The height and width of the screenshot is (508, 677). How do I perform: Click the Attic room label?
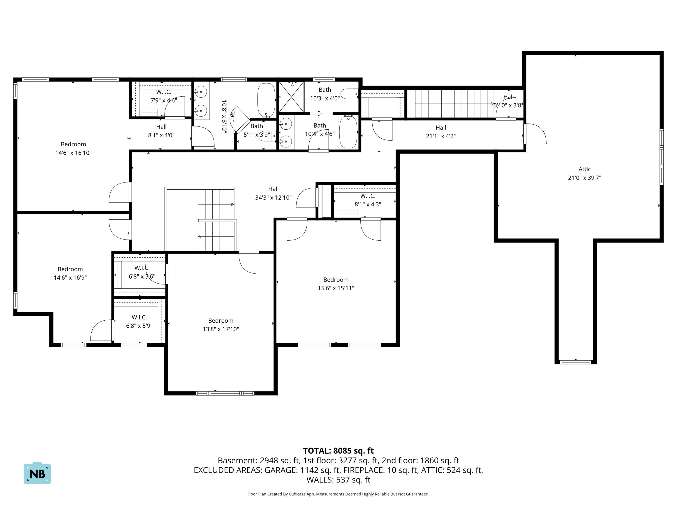pos(584,169)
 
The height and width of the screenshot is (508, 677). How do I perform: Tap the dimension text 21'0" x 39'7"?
pos(584,178)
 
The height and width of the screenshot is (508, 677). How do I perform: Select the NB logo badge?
pos(37,473)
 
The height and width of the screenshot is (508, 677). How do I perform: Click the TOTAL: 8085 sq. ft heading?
pos(338,451)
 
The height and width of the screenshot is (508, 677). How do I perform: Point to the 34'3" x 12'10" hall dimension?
pos(273,198)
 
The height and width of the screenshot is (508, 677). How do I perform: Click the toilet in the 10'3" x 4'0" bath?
pos(350,94)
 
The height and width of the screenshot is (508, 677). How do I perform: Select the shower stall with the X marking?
pos(292,97)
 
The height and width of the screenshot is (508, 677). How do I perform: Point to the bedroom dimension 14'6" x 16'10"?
pos(73,153)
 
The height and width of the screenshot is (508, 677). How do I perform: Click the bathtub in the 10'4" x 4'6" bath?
pos(348,132)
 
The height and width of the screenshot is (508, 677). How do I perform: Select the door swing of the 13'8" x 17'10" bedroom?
pos(249,263)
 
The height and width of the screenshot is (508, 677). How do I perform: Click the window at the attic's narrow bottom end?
pos(575,362)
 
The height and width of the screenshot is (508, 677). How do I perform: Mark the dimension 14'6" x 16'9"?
pos(70,278)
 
